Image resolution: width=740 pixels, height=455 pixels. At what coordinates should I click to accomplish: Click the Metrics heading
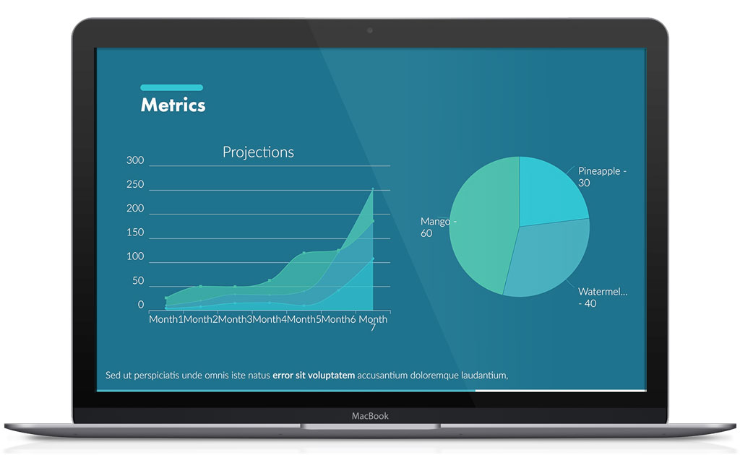coord(173,105)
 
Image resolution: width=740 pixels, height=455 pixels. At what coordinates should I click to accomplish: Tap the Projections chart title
coord(258,152)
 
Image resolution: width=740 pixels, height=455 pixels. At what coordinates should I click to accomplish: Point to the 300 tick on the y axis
coord(135,160)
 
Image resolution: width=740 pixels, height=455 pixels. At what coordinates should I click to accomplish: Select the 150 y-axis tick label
coord(135,233)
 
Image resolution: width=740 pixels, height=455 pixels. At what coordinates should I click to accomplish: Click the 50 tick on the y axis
coord(137,281)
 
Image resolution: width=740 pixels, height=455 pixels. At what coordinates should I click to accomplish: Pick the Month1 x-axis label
coord(165,319)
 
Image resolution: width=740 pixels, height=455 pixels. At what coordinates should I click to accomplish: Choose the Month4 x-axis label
coord(270,319)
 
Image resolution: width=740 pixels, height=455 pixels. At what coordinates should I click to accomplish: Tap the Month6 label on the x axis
coord(339,319)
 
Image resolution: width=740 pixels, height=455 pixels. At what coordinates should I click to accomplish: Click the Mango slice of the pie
coord(481,224)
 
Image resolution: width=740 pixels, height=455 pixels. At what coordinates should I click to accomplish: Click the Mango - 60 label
coord(438,227)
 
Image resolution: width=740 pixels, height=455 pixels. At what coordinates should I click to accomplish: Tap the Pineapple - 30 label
coord(601,177)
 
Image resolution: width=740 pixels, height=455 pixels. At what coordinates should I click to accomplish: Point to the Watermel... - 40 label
coord(602,298)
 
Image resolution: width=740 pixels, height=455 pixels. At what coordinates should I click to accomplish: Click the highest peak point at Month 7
coord(373,189)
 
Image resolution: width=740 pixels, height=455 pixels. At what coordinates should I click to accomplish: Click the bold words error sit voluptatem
coord(314,376)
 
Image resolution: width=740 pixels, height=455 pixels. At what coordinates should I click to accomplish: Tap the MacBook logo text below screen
coord(370,416)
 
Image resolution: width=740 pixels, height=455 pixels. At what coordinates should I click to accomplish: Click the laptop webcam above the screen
coord(370,30)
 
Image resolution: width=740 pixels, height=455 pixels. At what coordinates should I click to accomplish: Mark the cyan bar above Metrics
coord(171,87)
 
